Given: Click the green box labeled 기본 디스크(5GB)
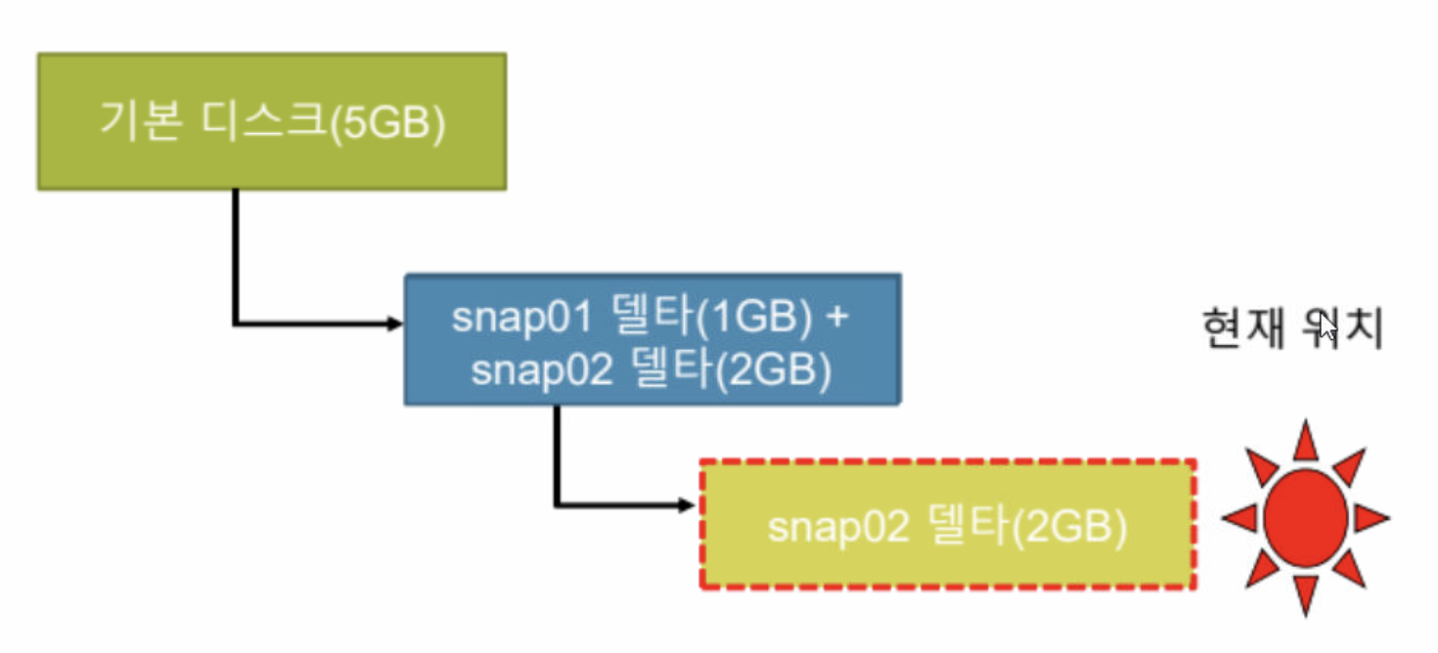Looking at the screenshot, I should [272, 121].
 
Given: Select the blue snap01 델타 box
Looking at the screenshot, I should [652, 339].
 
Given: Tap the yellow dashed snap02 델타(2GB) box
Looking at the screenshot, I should [947, 524].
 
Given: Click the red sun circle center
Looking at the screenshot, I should [1305, 517].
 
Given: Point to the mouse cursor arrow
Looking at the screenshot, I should [1326, 326].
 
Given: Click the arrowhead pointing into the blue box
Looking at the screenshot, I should [395, 324].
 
